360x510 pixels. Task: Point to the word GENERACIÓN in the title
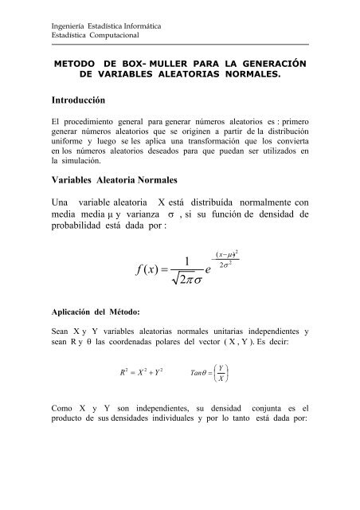[x=270, y=61]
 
